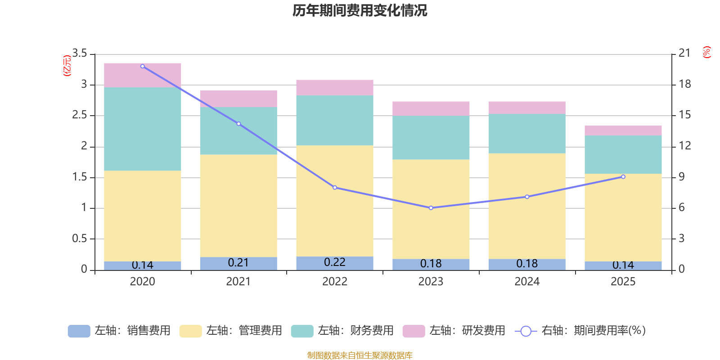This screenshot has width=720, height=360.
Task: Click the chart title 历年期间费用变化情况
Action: pyautogui.click(x=360, y=10)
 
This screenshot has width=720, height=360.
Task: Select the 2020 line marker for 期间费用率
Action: pyautogui.click(x=143, y=66)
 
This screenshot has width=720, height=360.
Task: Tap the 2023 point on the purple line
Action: pyautogui.click(x=431, y=208)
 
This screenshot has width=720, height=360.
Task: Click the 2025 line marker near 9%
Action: pyautogui.click(x=623, y=177)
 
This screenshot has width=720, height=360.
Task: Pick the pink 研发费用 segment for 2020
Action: pyautogui.click(x=143, y=75)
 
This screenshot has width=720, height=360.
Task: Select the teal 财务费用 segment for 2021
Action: pyautogui.click(x=238, y=131)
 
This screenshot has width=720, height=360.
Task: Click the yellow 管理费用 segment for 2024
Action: pyautogui.click(x=527, y=206)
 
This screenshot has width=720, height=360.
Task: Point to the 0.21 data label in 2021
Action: pyautogui.click(x=238, y=263)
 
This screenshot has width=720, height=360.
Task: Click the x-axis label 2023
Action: pyautogui.click(x=431, y=282)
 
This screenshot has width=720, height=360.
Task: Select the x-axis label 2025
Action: pyautogui.click(x=623, y=282)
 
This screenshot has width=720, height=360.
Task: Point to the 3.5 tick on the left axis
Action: pyautogui.click(x=80, y=54)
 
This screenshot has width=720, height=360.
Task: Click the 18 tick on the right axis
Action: pyautogui.click(x=685, y=84)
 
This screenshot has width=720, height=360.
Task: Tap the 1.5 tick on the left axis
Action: pyautogui.click(x=80, y=177)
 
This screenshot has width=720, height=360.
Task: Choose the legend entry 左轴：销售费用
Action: pyautogui.click(x=119, y=331)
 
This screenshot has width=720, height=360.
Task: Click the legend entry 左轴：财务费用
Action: pyautogui.click(x=342, y=331)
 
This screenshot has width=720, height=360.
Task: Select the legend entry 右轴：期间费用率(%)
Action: pyautogui.click(x=580, y=331)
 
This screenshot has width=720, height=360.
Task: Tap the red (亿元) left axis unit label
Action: pyautogui.click(x=67, y=66)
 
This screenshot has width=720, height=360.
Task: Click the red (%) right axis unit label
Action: pyautogui.click(x=707, y=52)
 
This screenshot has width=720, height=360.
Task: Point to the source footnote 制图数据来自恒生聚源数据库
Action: pyautogui.click(x=360, y=355)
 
